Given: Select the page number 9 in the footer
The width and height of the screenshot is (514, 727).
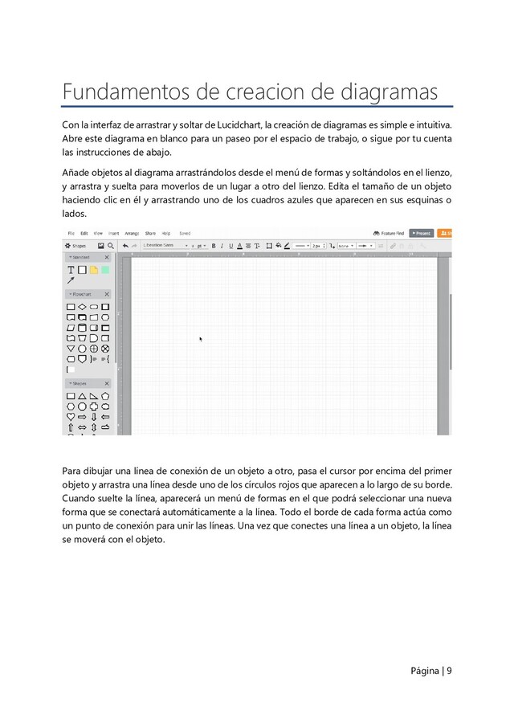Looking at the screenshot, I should point(448,670).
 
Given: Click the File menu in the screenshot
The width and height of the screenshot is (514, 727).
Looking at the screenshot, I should point(71,234).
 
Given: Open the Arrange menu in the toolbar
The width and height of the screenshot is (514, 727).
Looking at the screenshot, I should point(132,234).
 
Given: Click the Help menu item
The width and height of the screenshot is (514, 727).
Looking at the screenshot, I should point(166,234).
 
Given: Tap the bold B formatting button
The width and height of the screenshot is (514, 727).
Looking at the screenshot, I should point(214,246).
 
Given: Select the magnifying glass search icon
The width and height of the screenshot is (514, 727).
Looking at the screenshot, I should point(111,246).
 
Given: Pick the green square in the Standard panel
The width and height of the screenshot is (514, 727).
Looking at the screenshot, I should point(105,270).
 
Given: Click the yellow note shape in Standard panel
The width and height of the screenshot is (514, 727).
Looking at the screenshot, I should point(94,270).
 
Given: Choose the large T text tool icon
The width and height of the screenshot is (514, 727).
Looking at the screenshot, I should point(71,270).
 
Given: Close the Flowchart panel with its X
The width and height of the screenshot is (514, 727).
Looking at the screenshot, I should point(107,295).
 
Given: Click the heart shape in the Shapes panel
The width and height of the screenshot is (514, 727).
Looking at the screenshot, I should point(71,417).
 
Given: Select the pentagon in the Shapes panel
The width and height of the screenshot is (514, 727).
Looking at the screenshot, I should point(105,396).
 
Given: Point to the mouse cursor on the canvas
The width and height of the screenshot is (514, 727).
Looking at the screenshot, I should point(201,339).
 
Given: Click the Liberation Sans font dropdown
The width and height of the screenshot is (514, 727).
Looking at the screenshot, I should point(165,246).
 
